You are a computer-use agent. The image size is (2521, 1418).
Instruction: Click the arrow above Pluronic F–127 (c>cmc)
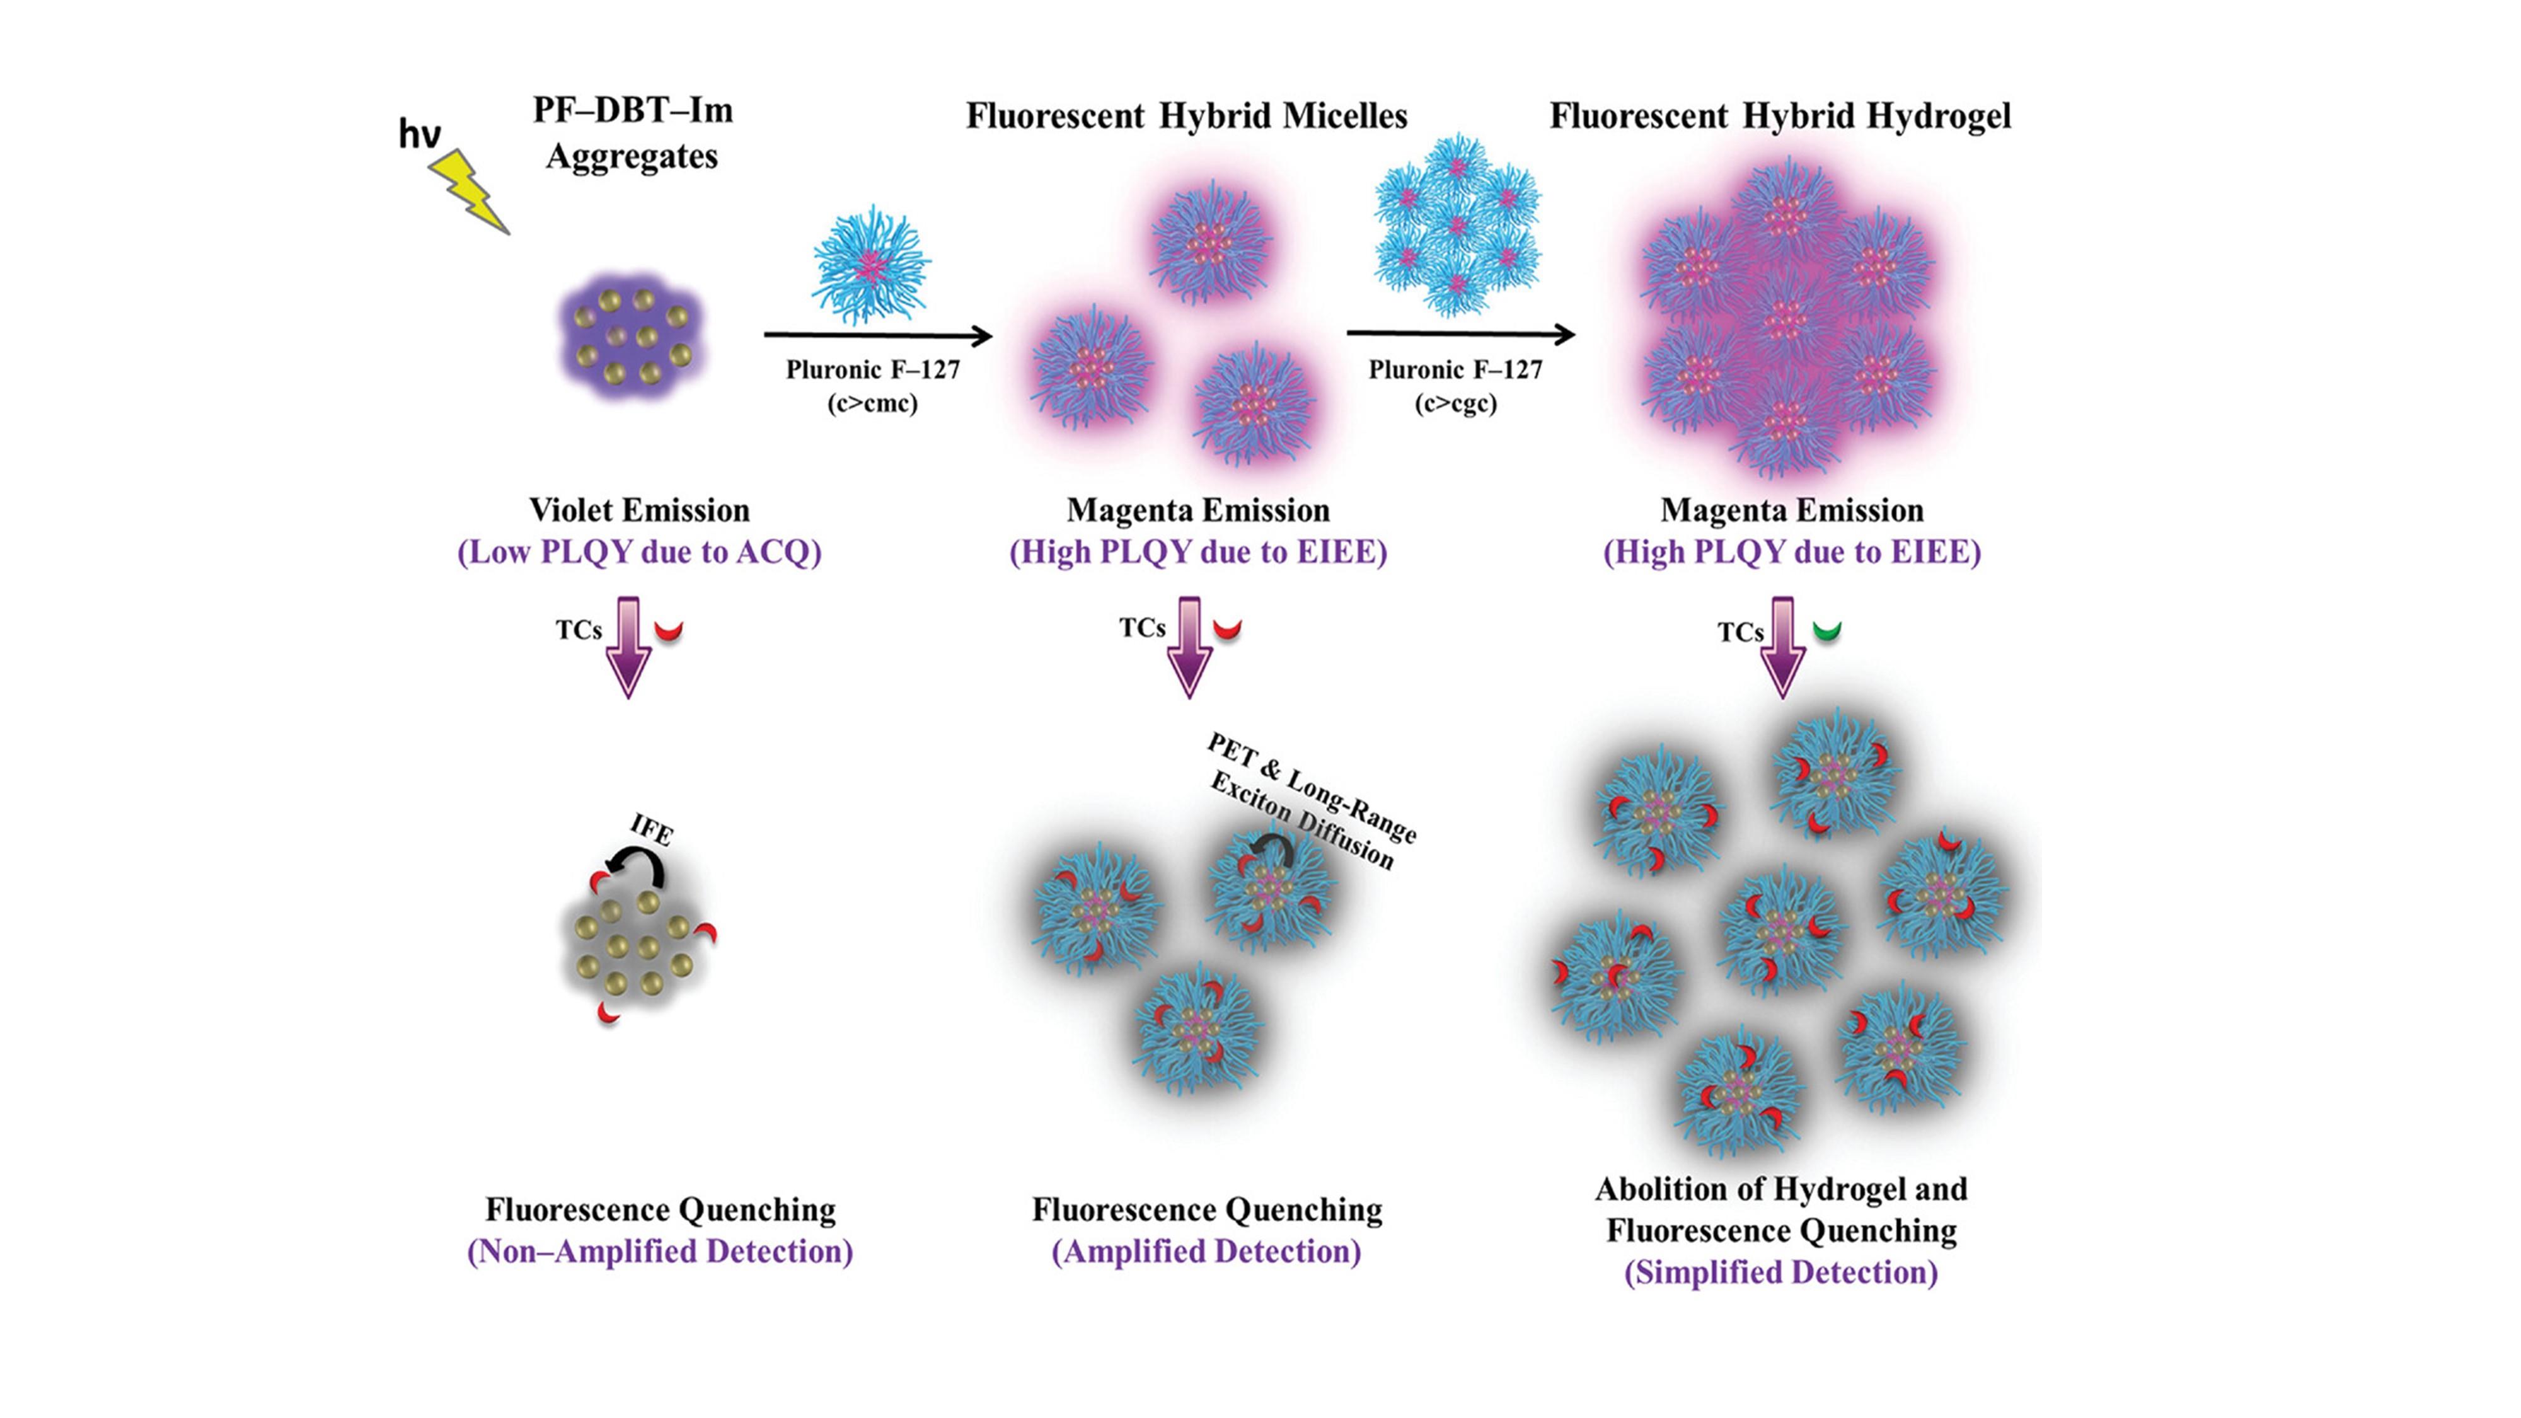(878, 337)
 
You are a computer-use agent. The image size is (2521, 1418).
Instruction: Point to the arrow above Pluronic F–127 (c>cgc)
(1460, 335)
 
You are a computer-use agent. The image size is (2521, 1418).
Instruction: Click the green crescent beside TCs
(1826, 631)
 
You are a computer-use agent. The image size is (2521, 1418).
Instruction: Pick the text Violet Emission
(639, 510)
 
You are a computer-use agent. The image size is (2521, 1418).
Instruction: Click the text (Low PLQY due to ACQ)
(639, 552)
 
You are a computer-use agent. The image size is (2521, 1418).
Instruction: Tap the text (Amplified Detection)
(1206, 1252)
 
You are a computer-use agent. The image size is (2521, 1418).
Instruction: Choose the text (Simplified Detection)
(1781, 1272)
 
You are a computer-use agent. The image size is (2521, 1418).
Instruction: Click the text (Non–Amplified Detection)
(660, 1252)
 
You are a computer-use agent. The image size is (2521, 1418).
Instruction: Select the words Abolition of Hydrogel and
(1781, 1189)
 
